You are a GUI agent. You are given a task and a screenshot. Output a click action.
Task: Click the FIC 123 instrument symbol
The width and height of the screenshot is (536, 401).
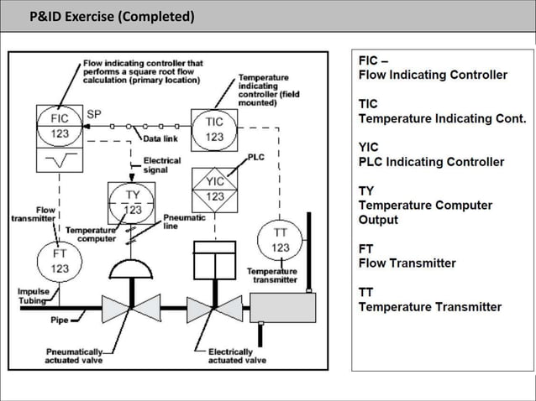(60, 127)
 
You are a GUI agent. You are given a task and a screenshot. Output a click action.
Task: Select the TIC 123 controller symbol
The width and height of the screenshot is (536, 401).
(214, 129)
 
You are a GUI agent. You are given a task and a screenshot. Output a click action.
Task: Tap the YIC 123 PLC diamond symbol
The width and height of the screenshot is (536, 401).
(215, 189)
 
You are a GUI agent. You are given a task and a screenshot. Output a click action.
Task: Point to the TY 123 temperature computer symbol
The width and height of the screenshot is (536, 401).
(133, 202)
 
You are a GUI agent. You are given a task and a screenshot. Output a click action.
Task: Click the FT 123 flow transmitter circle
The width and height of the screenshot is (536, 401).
(60, 261)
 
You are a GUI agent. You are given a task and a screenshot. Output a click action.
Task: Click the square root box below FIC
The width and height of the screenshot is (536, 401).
(60, 159)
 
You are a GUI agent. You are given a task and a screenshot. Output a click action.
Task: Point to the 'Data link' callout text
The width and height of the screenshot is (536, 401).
(160, 138)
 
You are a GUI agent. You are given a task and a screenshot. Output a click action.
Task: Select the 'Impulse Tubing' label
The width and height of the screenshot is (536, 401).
(32, 297)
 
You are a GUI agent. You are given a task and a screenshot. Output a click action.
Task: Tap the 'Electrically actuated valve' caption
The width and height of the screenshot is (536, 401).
(238, 356)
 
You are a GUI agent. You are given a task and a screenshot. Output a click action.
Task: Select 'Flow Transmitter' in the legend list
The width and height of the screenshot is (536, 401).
(407, 263)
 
